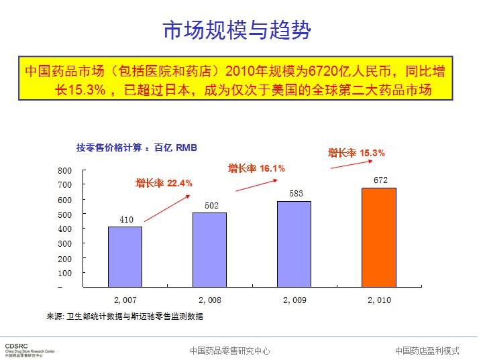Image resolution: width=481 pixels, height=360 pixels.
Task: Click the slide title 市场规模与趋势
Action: (x=237, y=31)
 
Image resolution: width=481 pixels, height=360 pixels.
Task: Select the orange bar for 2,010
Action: (x=379, y=238)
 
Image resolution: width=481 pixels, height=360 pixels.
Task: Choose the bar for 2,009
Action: (x=294, y=244)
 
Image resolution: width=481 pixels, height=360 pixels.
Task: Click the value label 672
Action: (x=380, y=180)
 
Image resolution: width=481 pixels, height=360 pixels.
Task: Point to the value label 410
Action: (x=126, y=219)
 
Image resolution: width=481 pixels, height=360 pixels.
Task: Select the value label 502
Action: (x=211, y=205)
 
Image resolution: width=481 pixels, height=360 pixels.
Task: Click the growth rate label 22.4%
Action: (x=164, y=182)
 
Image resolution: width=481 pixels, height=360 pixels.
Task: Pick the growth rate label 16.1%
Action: (x=256, y=168)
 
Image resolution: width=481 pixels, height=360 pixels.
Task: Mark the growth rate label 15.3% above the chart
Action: (x=356, y=153)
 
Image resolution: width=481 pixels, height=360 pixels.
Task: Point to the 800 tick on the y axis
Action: (x=64, y=170)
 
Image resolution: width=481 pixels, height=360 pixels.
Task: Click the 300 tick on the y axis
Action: (x=64, y=244)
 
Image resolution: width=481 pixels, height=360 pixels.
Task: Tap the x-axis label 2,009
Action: (x=295, y=300)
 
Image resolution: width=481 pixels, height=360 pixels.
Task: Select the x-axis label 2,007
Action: (x=125, y=300)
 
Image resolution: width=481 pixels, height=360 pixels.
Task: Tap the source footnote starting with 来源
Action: (x=124, y=316)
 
